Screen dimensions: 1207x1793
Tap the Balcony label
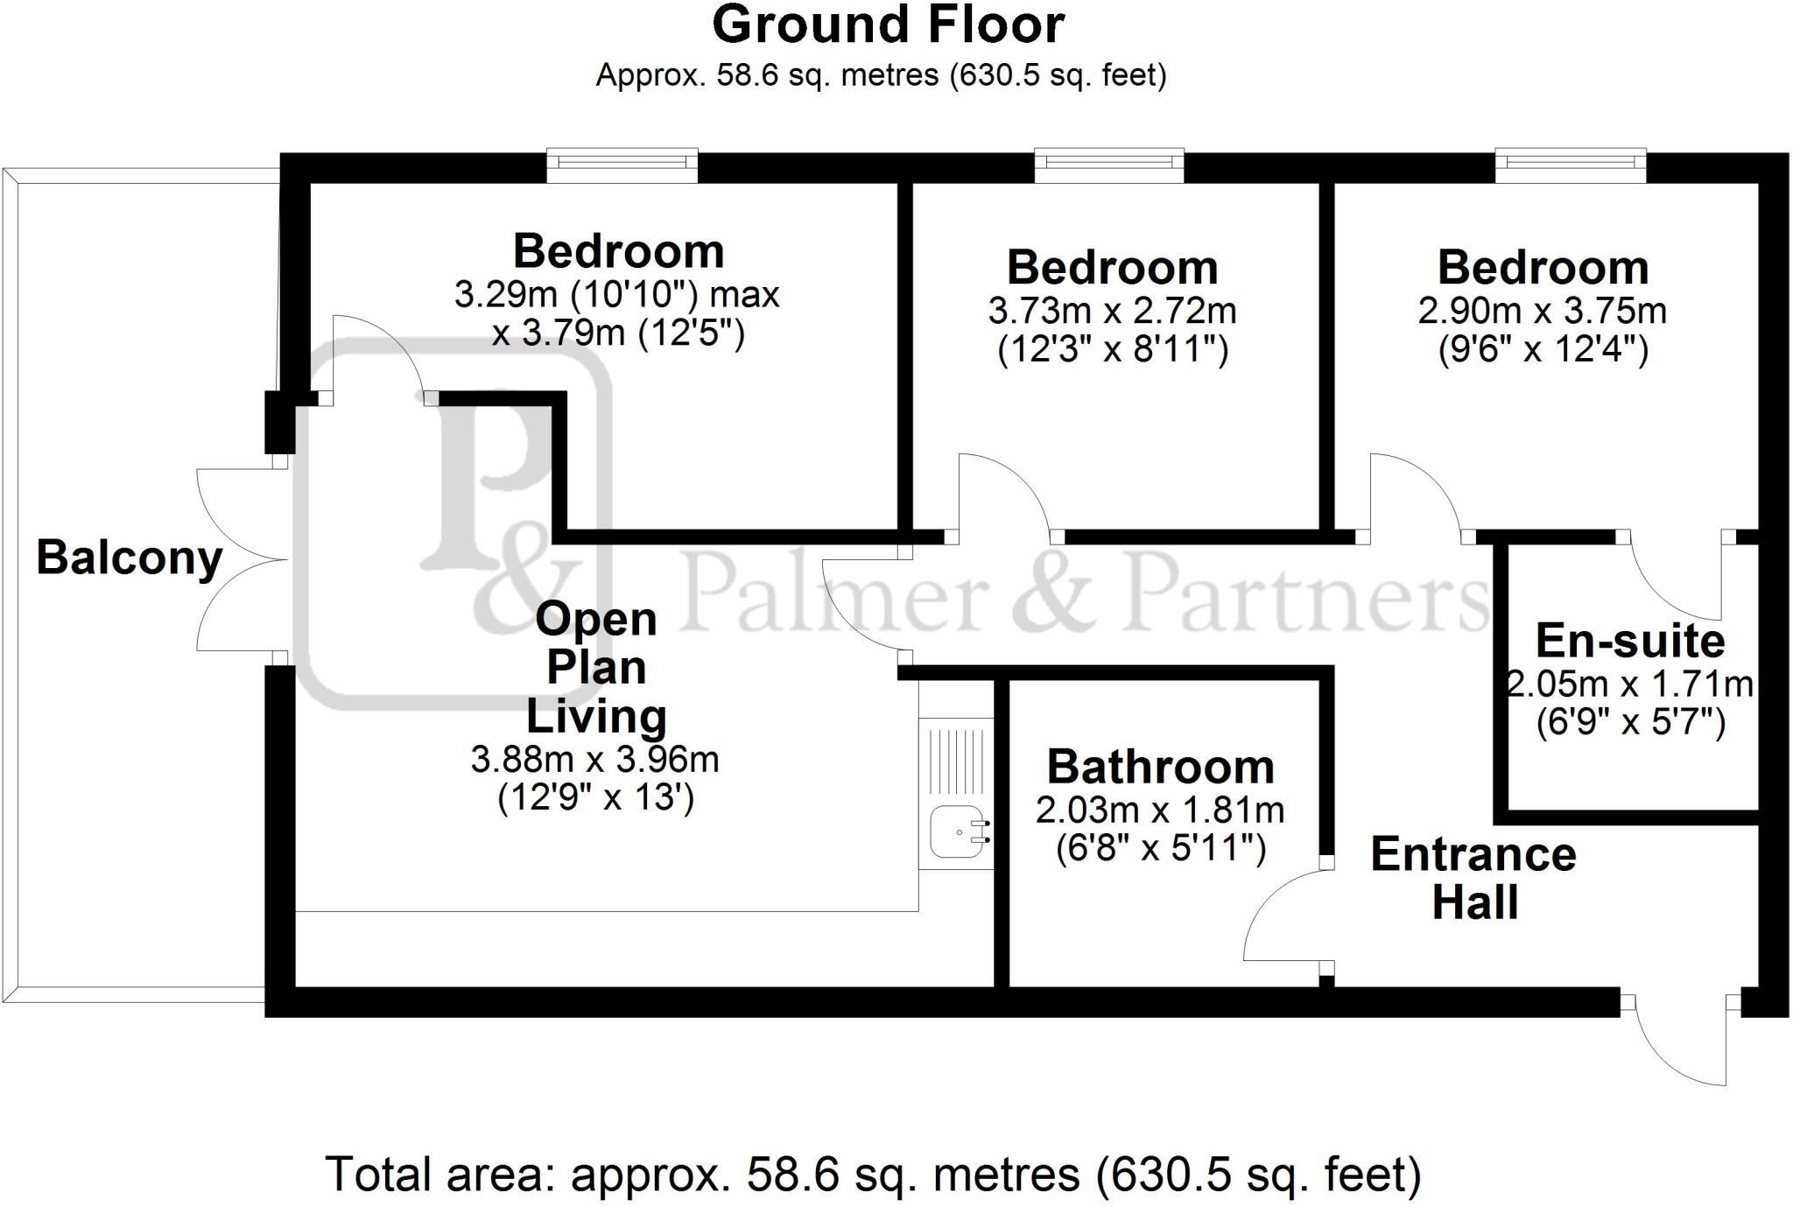[x=129, y=558]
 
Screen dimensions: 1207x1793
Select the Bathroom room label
[x=1160, y=767]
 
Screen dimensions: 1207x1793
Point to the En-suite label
[x=1629, y=641]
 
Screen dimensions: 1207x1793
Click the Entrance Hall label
[x=1473, y=878]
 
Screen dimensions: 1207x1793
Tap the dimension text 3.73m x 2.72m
[x=1112, y=311]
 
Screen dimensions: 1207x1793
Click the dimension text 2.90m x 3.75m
[x=1542, y=311]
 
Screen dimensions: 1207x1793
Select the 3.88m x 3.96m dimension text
[x=594, y=759]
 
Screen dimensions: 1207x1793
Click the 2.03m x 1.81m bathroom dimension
[x=1160, y=810]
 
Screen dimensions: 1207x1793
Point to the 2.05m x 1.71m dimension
[x=1629, y=684]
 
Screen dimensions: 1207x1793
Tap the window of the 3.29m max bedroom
[x=622, y=165]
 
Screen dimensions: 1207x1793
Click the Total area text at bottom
[x=873, y=1175]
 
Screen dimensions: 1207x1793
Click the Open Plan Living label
[x=595, y=667]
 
